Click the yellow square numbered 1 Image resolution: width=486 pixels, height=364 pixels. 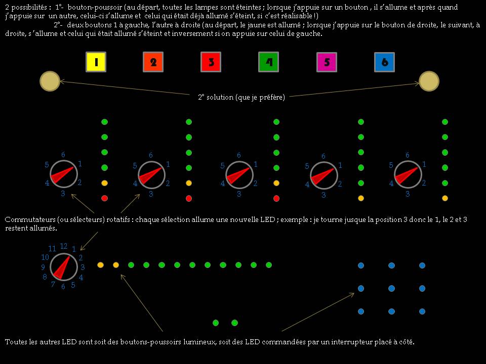[x=96, y=62]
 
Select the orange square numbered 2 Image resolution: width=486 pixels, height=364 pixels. [x=153, y=62]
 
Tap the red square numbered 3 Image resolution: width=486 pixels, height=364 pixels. [x=211, y=62]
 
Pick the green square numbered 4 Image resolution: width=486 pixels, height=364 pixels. [x=268, y=62]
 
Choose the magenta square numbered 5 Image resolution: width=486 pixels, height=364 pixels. [x=327, y=62]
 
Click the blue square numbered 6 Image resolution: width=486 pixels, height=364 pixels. [x=385, y=62]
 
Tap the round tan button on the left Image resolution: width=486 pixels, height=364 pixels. [x=50, y=81]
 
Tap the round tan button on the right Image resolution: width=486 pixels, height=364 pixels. [x=429, y=81]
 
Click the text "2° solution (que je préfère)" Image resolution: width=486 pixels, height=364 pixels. [x=241, y=97]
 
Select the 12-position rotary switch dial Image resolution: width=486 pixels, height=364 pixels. [x=64, y=266]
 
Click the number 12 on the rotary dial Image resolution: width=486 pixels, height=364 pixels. [x=63, y=246]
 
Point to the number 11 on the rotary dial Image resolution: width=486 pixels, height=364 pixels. [x=52, y=249]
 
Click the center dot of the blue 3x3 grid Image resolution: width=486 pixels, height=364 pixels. [x=391, y=288]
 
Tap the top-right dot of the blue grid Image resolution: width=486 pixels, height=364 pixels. [x=422, y=265]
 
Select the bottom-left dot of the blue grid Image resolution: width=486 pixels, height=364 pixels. [x=361, y=311]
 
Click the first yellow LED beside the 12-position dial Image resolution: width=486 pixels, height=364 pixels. [x=100, y=265]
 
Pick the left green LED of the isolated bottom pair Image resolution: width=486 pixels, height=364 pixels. [x=216, y=323]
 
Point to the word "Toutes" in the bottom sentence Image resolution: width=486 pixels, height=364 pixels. [x=16, y=342]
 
